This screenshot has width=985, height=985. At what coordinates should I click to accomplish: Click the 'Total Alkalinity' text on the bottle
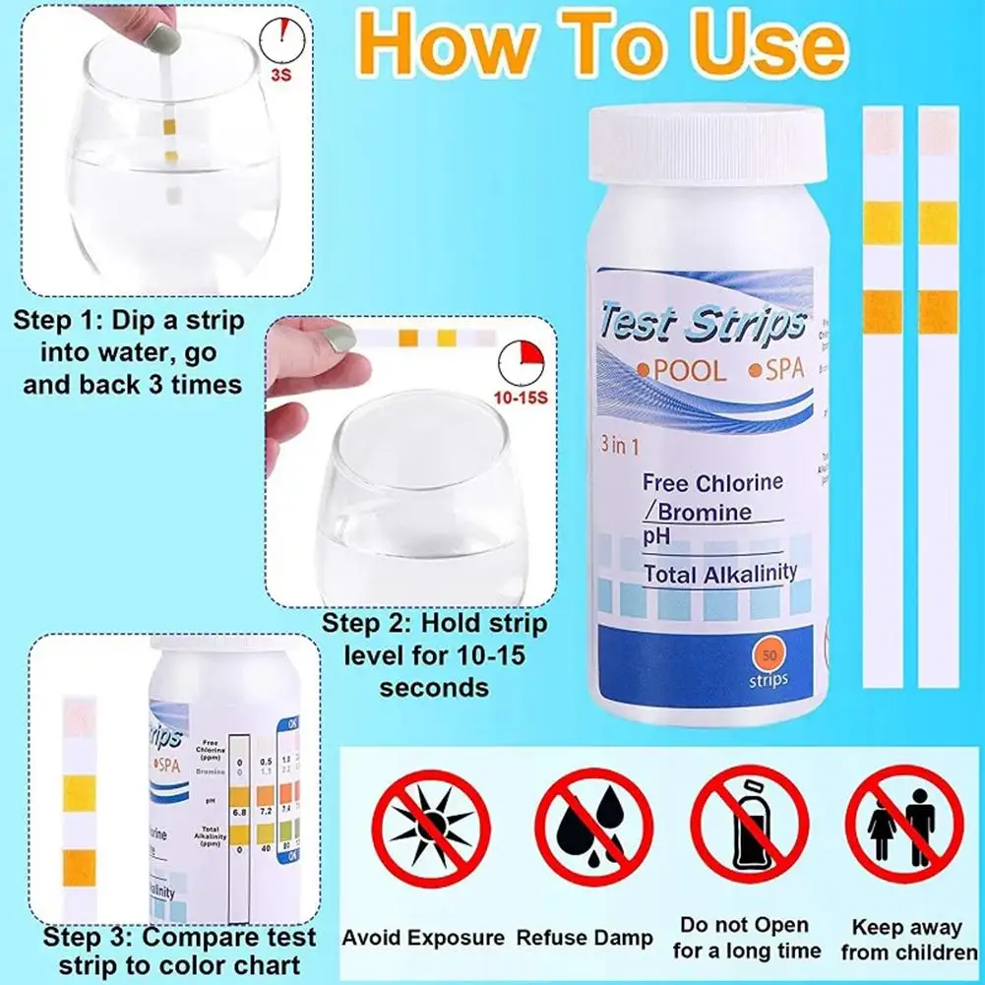coord(720,574)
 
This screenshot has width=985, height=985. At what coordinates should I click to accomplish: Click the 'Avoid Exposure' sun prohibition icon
coord(431,828)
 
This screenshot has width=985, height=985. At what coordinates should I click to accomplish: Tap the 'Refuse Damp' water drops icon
coord(594,828)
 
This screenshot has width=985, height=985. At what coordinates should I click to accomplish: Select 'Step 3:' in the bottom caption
coord(92,937)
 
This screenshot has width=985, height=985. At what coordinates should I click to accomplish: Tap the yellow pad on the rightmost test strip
coord(938,222)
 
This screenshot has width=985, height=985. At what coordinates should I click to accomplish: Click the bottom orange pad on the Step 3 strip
coord(78,868)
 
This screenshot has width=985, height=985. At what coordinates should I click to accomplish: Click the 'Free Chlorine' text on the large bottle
coord(712,483)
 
